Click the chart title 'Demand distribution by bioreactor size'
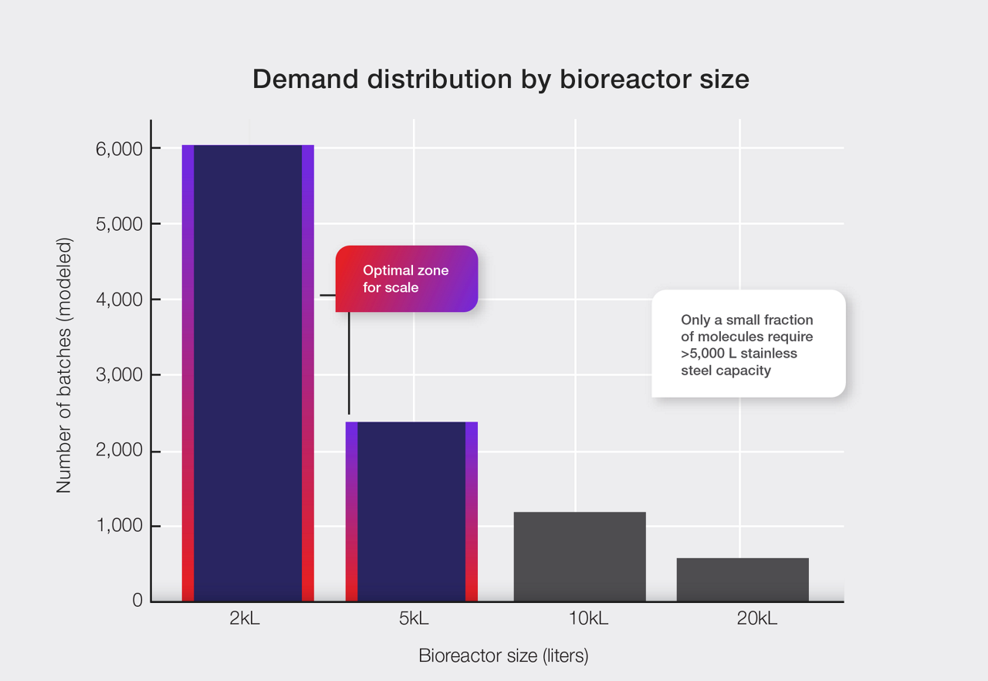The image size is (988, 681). (x=500, y=80)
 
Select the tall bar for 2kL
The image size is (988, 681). (x=248, y=373)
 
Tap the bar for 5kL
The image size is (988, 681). (x=411, y=511)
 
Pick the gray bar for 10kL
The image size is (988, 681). (x=580, y=556)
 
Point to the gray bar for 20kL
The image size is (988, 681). (x=743, y=579)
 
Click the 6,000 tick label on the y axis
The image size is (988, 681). (x=119, y=149)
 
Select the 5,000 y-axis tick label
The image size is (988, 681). (x=119, y=225)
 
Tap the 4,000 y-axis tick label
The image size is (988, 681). (x=119, y=300)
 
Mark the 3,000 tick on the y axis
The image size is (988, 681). (x=119, y=375)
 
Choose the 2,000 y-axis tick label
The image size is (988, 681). (x=119, y=451)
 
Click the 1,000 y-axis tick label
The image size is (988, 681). (x=119, y=526)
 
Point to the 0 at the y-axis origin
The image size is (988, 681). (x=137, y=601)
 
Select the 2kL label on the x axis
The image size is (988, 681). (x=245, y=619)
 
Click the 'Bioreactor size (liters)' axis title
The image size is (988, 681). (x=503, y=656)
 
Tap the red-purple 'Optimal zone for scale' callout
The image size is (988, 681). (x=407, y=279)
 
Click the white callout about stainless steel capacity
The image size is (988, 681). (x=748, y=344)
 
